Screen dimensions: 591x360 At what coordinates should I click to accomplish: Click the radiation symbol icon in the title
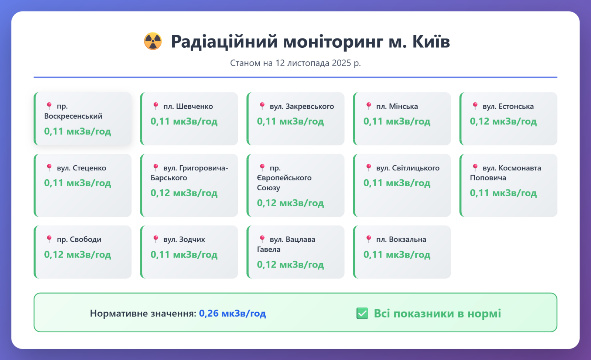pos(153,41)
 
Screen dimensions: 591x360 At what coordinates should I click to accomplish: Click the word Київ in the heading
pos(431,41)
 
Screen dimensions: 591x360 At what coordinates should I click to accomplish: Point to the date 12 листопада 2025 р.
pos(318,63)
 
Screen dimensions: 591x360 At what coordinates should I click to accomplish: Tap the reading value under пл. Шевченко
pos(184,121)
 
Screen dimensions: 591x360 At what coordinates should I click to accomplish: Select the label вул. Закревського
pos(302,106)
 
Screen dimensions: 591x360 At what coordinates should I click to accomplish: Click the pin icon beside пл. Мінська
pos(369,106)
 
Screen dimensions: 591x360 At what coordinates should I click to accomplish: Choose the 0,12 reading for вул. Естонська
pos(503,121)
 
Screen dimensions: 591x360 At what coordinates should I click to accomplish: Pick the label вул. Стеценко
pos(82,168)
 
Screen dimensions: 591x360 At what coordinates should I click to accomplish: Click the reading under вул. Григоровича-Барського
pos(184,193)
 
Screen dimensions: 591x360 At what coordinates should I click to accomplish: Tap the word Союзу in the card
pos(269,188)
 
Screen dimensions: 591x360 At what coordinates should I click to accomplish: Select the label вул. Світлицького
pos(408,168)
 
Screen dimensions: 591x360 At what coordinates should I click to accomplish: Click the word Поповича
pos(488,178)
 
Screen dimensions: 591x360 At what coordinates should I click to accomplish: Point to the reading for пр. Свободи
pos(78,255)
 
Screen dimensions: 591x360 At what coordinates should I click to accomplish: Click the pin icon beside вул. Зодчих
pos(156,239)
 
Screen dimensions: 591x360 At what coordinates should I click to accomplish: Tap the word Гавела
pos(269,249)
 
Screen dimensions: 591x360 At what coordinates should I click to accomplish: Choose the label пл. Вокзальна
pos(401,240)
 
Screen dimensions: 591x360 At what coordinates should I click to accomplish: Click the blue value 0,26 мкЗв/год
pos(232,313)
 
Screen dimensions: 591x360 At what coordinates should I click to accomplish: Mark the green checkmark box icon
pos(362,313)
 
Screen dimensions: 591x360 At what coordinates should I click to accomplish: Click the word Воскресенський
pos(73,116)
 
